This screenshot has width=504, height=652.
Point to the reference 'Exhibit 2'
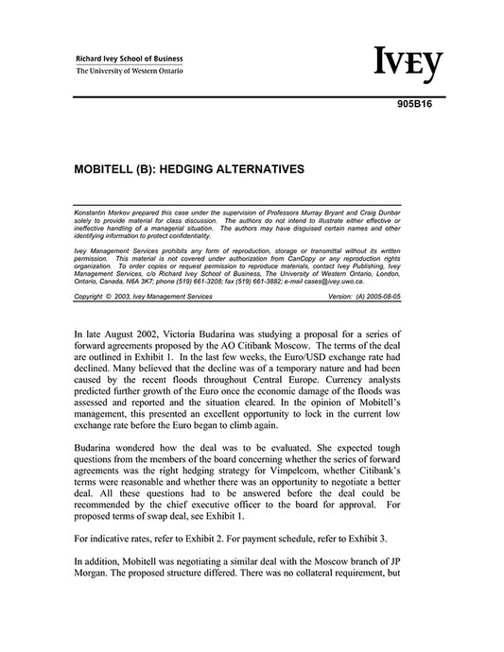coord(219,537)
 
